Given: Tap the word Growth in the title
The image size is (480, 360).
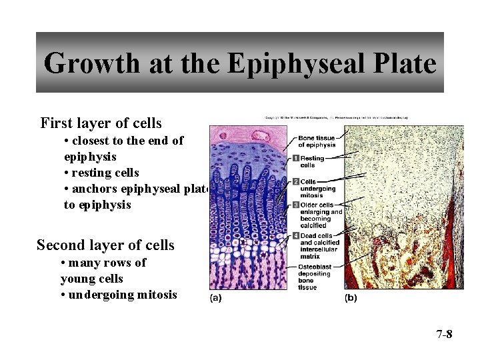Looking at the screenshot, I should [91, 64].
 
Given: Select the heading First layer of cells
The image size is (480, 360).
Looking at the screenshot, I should [101, 123].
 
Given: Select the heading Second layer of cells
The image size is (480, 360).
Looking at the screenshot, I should [105, 245].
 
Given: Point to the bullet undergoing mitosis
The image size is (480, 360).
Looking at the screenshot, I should [119, 295].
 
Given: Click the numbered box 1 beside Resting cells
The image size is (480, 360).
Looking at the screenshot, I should [295, 158].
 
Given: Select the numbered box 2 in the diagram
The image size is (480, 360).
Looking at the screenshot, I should [295, 181].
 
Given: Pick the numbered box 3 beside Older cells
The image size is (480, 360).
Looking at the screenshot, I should [295, 205].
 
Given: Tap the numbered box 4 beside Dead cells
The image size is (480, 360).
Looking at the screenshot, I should [295, 235].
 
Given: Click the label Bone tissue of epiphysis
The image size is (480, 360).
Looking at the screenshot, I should [317, 141].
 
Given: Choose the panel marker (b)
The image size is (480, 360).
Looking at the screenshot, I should [351, 298].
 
